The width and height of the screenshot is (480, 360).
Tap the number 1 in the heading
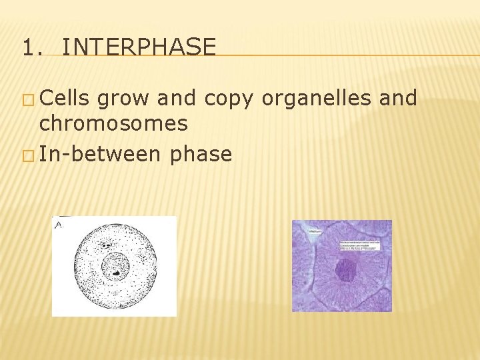[27, 47]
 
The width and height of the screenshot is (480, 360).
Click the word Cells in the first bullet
[65, 99]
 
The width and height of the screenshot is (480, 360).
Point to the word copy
[229, 99]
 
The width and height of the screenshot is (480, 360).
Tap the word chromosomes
[113, 123]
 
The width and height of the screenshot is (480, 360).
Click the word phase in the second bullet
[201, 155]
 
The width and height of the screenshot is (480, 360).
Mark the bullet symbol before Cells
[27, 100]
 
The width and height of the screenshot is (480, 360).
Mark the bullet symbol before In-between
[27, 156]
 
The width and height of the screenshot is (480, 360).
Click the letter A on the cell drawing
[59, 225]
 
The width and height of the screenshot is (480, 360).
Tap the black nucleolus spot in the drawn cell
[116, 273]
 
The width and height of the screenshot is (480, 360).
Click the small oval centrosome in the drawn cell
[107, 245]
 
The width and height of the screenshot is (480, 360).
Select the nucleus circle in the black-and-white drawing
[115, 267]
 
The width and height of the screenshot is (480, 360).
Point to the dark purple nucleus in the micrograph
[345, 270]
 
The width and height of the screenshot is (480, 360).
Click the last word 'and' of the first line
[397, 99]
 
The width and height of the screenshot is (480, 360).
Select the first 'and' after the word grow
[175, 99]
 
